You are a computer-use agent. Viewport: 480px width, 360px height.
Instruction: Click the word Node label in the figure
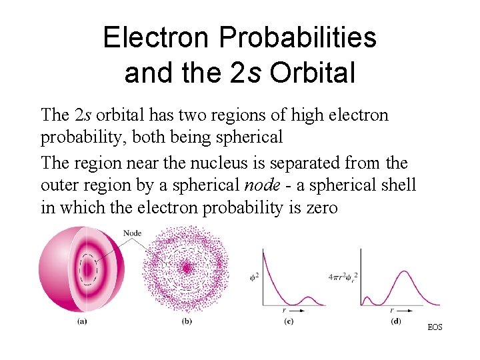[133, 233]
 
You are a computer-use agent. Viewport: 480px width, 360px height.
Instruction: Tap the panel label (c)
[289, 322]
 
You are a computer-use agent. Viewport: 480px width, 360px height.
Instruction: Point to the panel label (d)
[397, 322]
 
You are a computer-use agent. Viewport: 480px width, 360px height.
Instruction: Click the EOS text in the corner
[435, 327]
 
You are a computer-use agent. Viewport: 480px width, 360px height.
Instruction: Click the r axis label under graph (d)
[391, 311]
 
